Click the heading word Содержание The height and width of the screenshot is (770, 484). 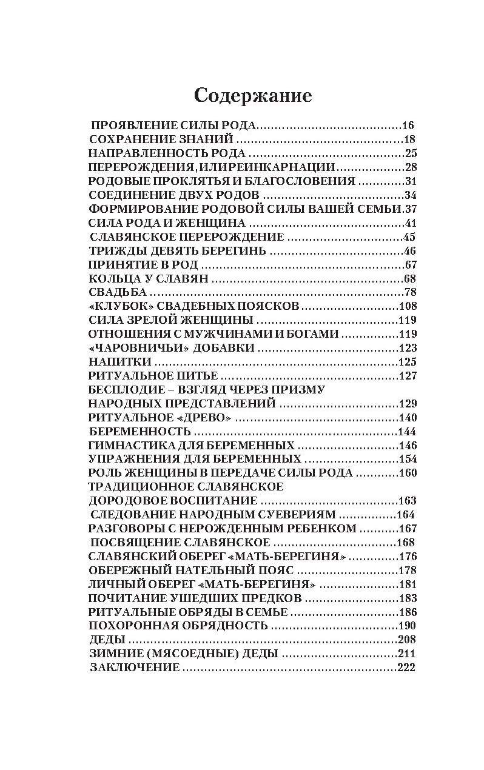click(x=252, y=95)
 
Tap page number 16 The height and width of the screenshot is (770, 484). click(x=408, y=126)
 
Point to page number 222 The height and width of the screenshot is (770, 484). click(x=406, y=668)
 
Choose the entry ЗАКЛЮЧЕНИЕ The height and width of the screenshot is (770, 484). click(x=135, y=668)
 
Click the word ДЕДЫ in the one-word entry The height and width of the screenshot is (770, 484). click(x=107, y=640)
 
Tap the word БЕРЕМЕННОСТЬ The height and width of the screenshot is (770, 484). click(x=140, y=432)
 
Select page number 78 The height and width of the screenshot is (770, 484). click(x=410, y=292)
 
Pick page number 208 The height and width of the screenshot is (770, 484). click(x=406, y=640)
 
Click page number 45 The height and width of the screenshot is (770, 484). click(x=409, y=237)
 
